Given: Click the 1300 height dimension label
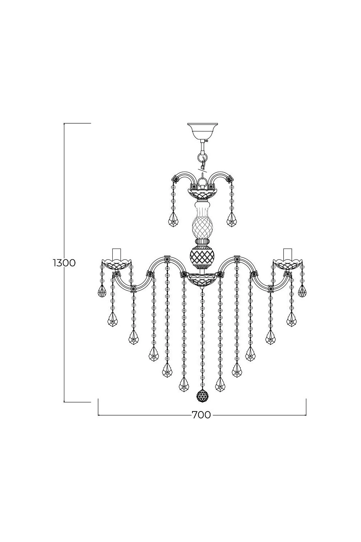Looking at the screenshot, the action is pyautogui.click(x=64, y=263).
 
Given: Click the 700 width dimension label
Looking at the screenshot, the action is pyautogui.click(x=201, y=415).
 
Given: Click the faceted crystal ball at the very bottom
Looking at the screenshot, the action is pyautogui.click(x=202, y=396).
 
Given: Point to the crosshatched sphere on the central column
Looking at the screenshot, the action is pyautogui.click(x=202, y=255).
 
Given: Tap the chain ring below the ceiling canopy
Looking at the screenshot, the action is pyautogui.click(x=202, y=156).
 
